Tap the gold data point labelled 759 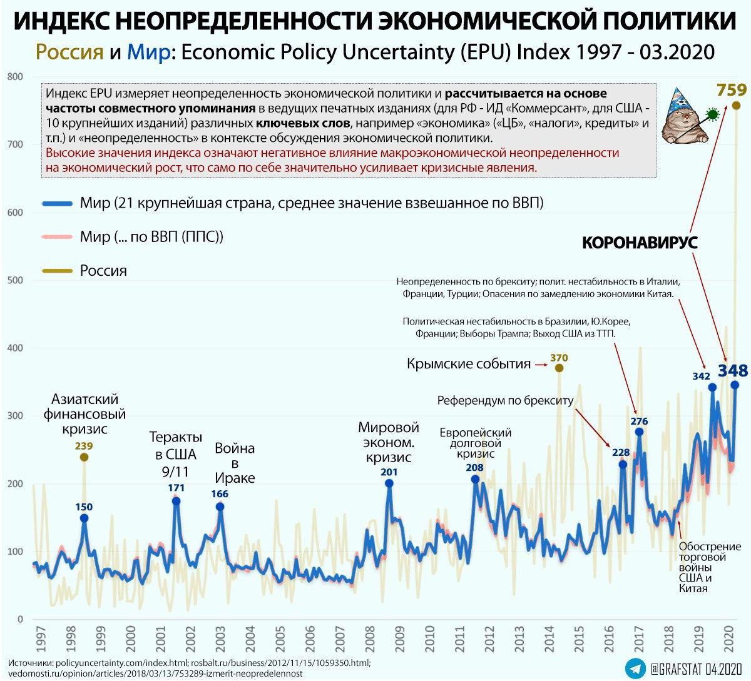point(736,105)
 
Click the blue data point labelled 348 point(735,385)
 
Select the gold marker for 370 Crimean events point(559,368)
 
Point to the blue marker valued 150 point(84,518)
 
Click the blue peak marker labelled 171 point(176,501)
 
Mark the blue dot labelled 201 point(389,483)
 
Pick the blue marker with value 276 point(639,431)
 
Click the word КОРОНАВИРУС point(640,243)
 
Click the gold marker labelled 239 point(84,457)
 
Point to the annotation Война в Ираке point(235,463)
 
